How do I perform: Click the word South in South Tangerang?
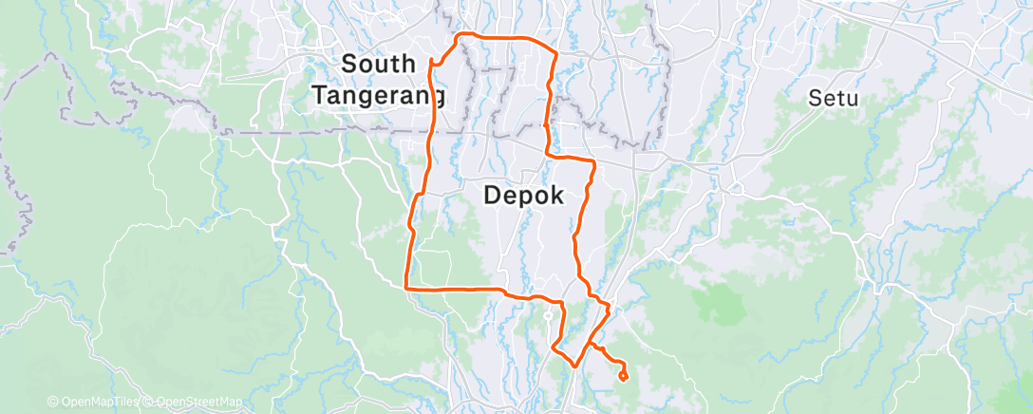(378, 65)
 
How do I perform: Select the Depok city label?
(524, 196)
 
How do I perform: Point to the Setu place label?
(834, 97)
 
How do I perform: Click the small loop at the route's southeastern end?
(623, 376)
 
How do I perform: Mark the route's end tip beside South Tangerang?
(432, 63)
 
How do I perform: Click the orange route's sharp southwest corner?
(406, 287)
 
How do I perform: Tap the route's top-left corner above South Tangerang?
(460, 36)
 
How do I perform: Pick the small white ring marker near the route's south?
(548, 316)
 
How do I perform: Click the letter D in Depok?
(493, 196)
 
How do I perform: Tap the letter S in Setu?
(815, 97)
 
